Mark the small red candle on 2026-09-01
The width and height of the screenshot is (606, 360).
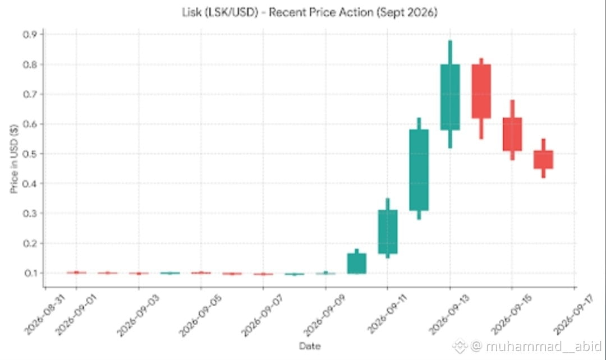76,273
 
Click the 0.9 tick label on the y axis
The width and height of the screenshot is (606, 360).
30,35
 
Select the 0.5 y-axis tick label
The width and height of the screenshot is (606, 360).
30,154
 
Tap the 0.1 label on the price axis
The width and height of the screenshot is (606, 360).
30,273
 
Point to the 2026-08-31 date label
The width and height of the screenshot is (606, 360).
44,315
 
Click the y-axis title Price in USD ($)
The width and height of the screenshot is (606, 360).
14,159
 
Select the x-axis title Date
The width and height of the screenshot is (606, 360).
310,346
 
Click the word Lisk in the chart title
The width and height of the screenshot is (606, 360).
191,12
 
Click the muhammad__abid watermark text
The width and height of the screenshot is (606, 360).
544,346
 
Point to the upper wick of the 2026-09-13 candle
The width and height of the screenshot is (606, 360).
450,53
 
